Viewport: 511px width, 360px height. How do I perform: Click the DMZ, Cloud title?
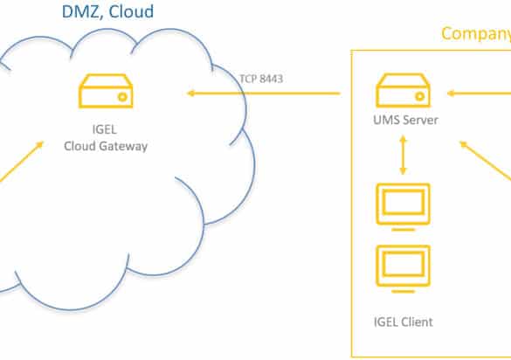click(107, 11)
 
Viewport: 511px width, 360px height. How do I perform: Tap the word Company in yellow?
click(476, 34)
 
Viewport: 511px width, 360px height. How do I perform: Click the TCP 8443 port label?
click(261, 79)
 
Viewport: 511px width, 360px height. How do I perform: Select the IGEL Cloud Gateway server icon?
click(106, 91)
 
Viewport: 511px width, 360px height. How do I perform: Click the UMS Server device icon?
click(404, 90)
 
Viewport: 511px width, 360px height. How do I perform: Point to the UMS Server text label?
click(405, 120)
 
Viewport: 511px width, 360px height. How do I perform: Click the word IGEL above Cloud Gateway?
click(104, 129)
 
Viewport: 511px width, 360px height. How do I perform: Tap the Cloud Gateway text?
click(106, 146)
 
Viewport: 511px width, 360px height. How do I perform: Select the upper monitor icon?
click(404, 207)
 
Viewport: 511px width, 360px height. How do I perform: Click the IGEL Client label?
click(404, 322)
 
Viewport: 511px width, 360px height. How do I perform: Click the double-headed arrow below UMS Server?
click(404, 156)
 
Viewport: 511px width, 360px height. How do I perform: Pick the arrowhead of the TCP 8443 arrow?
click(190, 93)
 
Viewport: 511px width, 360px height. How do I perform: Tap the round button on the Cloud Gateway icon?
click(122, 97)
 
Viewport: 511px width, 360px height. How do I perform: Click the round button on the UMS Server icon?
click(420, 96)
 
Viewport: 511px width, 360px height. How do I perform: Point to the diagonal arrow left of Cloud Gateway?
click(22, 161)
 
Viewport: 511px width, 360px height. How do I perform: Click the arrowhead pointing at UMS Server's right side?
click(451, 93)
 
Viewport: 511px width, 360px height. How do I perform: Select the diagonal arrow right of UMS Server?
click(486, 161)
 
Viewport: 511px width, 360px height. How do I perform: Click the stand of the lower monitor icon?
click(404, 292)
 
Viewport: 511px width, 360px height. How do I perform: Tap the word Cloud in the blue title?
click(131, 11)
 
